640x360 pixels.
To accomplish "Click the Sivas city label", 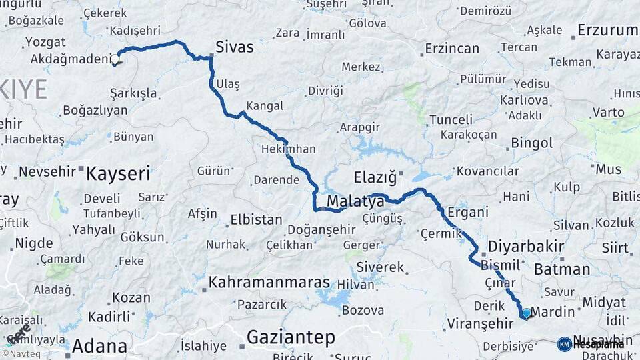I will click(x=234, y=47).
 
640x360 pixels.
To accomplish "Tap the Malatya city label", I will click(x=355, y=201).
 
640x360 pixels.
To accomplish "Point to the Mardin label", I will click(x=553, y=311).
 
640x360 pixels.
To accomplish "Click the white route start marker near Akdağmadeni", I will click(x=115, y=59).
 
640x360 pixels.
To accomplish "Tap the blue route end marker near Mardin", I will click(x=526, y=313).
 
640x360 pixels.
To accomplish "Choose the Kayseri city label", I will click(x=118, y=174).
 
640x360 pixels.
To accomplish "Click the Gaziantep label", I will click(x=291, y=337).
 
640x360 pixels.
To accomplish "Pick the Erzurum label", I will click(x=607, y=30).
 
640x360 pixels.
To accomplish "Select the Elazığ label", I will click(x=375, y=177).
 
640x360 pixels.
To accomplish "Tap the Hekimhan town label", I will click(x=289, y=149).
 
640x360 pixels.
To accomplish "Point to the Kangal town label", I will click(x=265, y=105).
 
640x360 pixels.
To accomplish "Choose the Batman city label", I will click(x=562, y=269).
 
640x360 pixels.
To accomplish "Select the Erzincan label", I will click(x=452, y=48).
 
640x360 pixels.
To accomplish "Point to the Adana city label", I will click(x=99, y=346).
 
